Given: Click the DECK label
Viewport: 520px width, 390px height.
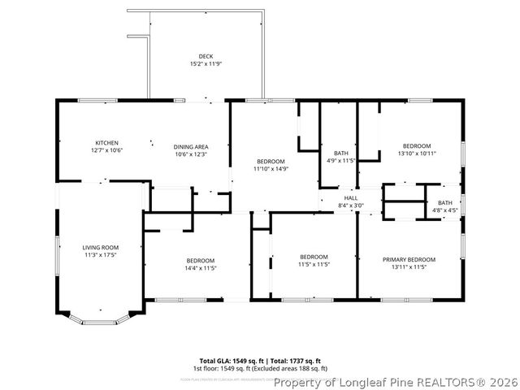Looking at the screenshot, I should coord(206,56).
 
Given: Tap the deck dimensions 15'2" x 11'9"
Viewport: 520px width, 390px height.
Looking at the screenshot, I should coord(206,63).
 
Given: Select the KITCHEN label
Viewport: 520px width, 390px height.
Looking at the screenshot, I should coord(106,142).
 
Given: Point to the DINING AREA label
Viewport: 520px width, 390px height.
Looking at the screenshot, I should coord(191,147).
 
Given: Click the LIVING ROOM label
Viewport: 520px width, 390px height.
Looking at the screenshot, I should coord(101,247).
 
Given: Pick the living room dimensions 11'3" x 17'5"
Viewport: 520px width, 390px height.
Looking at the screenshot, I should coord(101,255).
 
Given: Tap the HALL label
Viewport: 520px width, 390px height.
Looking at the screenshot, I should coord(351,197).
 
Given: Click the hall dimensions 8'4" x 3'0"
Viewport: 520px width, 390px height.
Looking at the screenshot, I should coord(351,205).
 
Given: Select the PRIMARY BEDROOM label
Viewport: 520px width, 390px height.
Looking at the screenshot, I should coord(409,259).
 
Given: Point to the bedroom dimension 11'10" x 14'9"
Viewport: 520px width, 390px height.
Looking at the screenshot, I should coord(271,169).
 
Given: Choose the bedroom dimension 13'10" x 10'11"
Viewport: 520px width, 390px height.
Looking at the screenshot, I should coord(417,153).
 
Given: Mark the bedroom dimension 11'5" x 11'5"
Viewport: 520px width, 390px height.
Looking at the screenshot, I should coord(314,264).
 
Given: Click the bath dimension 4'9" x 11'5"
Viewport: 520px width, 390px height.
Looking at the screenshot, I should coord(341,161).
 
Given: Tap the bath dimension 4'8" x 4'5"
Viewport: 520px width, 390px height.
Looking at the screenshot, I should coord(445,210).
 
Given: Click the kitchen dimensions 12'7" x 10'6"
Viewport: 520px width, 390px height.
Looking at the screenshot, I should coord(106,150).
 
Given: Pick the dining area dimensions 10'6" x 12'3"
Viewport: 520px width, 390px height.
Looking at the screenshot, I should coord(191,154).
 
